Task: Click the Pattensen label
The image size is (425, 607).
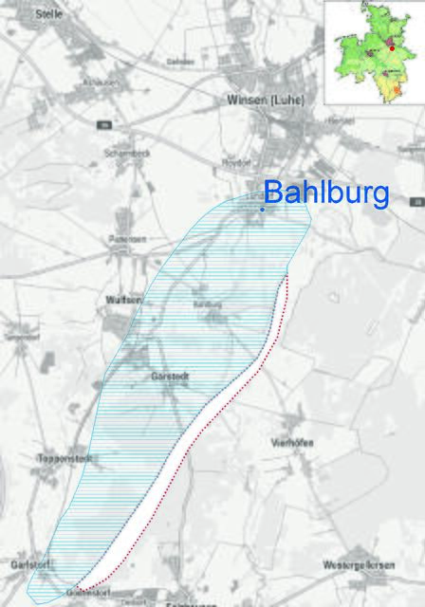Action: coord(125,239)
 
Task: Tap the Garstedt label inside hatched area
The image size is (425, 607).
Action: coord(170,377)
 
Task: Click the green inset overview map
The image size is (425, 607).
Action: coord(374,52)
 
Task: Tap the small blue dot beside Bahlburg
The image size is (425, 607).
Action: coord(262,209)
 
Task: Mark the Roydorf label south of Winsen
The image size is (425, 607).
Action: coord(234,163)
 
